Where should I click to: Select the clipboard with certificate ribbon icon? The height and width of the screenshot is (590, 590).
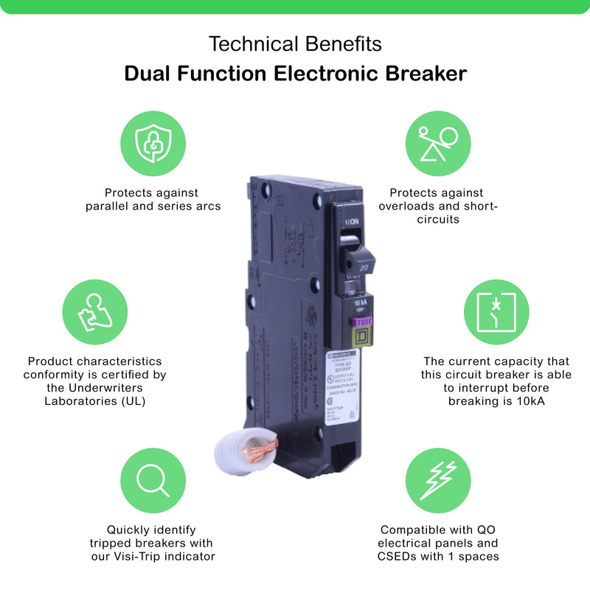click(x=92, y=310)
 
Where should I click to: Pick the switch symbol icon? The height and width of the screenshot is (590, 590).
click(x=496, y=310)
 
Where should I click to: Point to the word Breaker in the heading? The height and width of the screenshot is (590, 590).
click(x=422, y=74)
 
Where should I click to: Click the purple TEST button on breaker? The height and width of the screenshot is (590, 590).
click(x=364, y=322)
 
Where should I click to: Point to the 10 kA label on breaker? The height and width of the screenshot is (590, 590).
click(x=361, y=303)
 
